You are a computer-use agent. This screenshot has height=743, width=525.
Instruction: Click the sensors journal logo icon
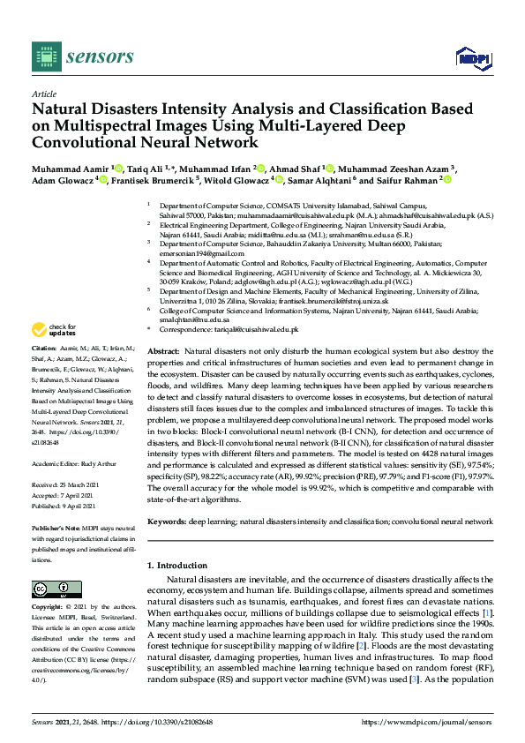tap(46, 56)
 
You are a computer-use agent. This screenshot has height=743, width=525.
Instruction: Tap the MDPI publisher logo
tap(473, 57)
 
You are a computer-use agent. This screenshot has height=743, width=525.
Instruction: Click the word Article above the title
tap(43, 93)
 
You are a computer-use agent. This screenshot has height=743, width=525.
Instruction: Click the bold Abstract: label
tap(165, 352)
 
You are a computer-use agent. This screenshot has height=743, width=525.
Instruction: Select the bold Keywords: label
tap(168, 522)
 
